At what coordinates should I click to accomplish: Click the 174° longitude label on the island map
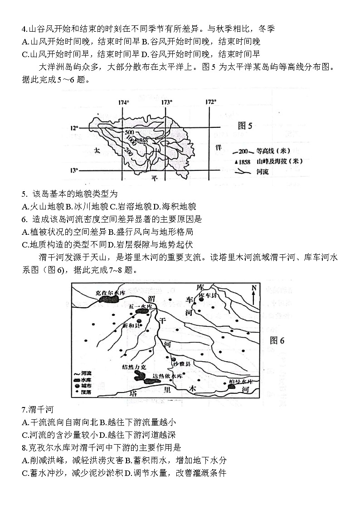(123, 102)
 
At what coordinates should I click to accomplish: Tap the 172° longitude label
(210, 102)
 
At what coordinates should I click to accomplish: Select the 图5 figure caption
(245, 126)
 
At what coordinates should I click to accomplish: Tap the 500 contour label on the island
(129, 132)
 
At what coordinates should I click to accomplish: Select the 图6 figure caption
(277, 341)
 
